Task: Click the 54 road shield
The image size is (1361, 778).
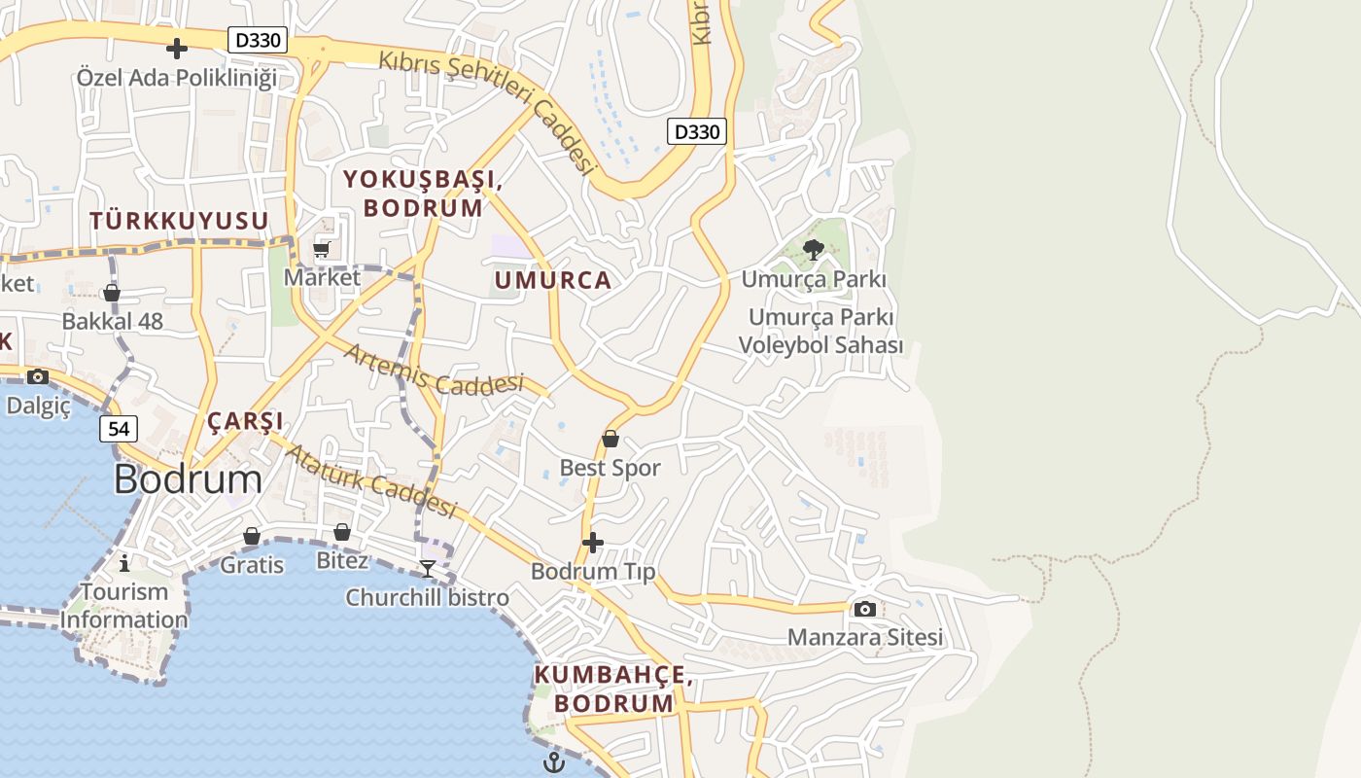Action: pos(119,428)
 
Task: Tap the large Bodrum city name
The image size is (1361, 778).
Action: pos(188,479)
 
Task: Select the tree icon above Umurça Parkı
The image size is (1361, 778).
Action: pos(814,251)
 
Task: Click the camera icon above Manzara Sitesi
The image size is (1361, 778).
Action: pos(864,609)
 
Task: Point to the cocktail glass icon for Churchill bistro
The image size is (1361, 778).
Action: pos(428,568)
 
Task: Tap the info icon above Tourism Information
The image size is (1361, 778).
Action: pos(123,563)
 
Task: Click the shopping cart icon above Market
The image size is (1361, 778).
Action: pos(322,249)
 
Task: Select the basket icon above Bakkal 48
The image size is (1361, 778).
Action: pos(112,293)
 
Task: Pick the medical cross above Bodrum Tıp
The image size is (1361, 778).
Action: pos(593,542)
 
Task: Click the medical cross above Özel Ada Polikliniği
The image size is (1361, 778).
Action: pos(177,48)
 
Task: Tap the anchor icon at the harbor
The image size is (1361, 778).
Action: pos(554,761)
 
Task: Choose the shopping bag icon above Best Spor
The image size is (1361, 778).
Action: pos(611,440)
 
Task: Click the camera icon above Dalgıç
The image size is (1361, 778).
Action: pos(38,376)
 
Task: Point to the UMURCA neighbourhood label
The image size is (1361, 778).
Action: pos(553,281)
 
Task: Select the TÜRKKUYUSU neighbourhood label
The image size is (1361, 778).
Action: pos(179,221)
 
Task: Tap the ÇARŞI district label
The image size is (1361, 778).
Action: pos(245,421)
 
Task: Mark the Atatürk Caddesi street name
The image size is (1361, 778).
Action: pos(371,481)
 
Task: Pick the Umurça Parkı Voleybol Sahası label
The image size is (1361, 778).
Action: pos(821,332)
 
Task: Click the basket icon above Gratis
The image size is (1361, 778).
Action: pos(252,536)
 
